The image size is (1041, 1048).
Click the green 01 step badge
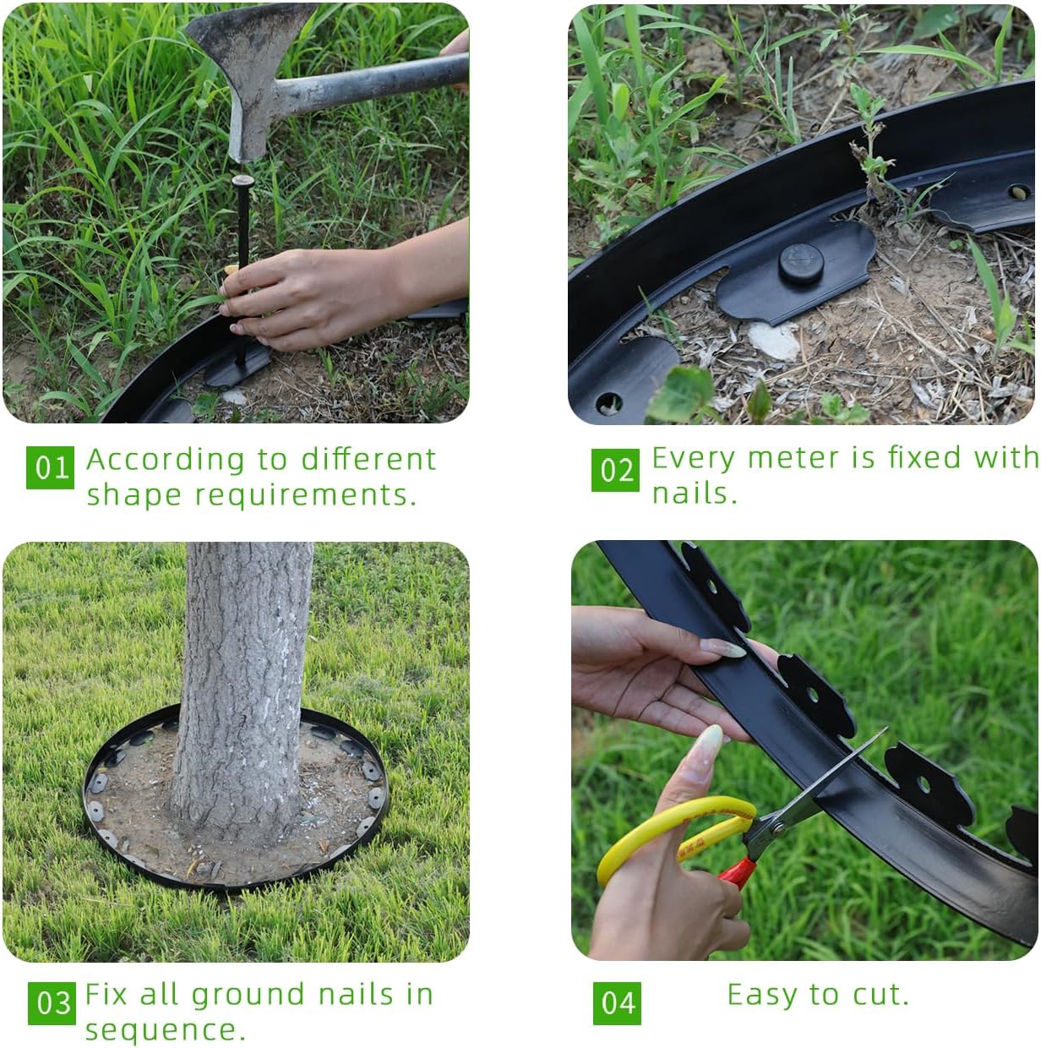(50, 467)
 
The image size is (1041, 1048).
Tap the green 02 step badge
(615, 470)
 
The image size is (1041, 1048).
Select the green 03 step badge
(52, 1003)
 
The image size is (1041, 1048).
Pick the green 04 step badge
(617, 1003)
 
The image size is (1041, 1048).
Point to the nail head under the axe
(243, 180)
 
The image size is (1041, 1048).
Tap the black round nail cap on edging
(800, 263)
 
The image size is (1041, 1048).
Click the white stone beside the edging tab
(773, 340)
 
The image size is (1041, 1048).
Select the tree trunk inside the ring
(242, 690)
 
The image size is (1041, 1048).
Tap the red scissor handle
(737, 873)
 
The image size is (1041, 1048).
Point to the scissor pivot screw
(779, 827)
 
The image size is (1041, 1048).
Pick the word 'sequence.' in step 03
(166, 1030)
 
